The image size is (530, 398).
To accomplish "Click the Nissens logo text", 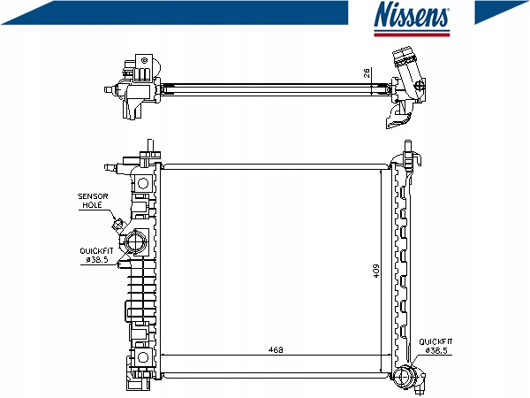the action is (412, 14).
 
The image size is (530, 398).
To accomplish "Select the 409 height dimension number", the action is (376, 271).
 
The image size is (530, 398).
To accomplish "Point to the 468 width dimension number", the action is (276, 350).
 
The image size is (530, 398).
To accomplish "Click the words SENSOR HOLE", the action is (93, 201).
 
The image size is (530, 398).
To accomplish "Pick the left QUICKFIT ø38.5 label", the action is (96, 256).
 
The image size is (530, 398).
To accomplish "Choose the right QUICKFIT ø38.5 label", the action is (435, 346).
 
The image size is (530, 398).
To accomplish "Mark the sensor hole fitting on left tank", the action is (118, 224).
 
